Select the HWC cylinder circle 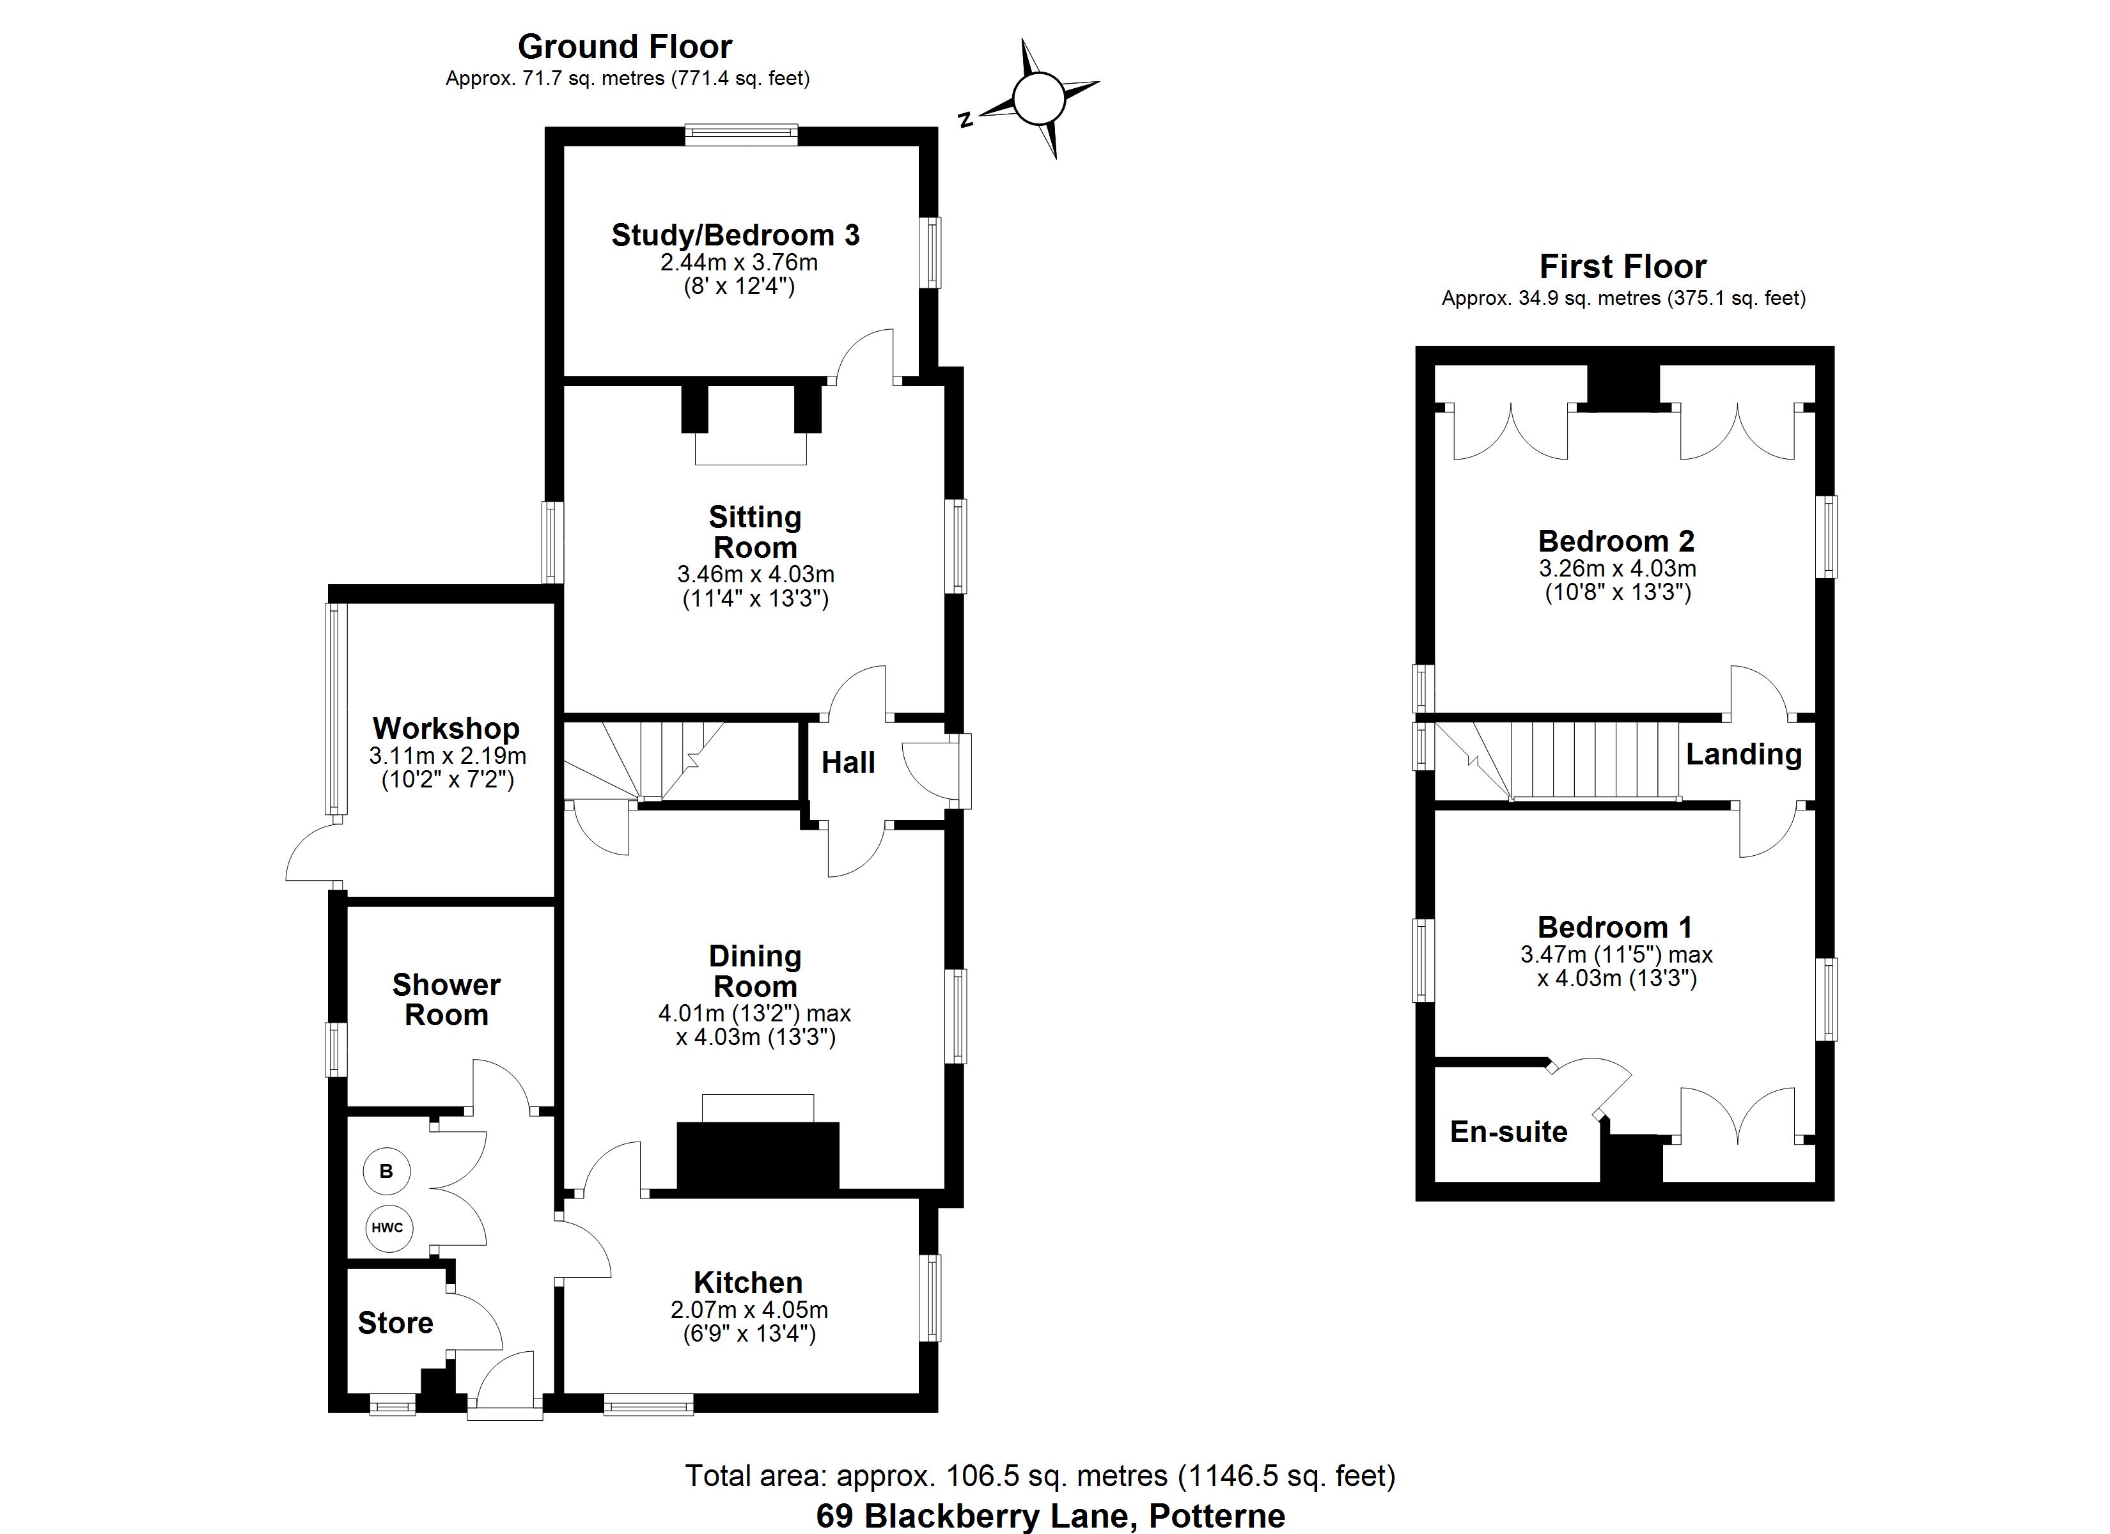pos(387,1227)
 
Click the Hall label pos(848,763)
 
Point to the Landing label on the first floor pos(1744,754)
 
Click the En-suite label pos(1508,1132)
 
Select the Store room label pos(395,1323)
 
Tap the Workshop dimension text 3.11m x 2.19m pos(448,755)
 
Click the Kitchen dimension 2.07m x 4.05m pos(749,1310)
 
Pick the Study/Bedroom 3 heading pos(735,235)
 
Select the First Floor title pos(1623,267)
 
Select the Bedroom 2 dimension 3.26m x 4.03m pos(1617,568)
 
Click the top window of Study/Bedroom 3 pos(742,136)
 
